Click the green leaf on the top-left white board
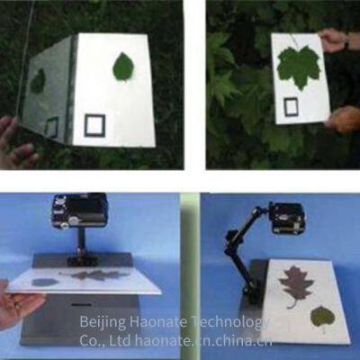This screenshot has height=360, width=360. coord(123,67)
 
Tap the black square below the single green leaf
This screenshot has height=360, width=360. coord(95,125)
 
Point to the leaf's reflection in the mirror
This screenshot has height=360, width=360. coord(39,82)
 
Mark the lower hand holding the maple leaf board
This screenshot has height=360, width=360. coord(344,118)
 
